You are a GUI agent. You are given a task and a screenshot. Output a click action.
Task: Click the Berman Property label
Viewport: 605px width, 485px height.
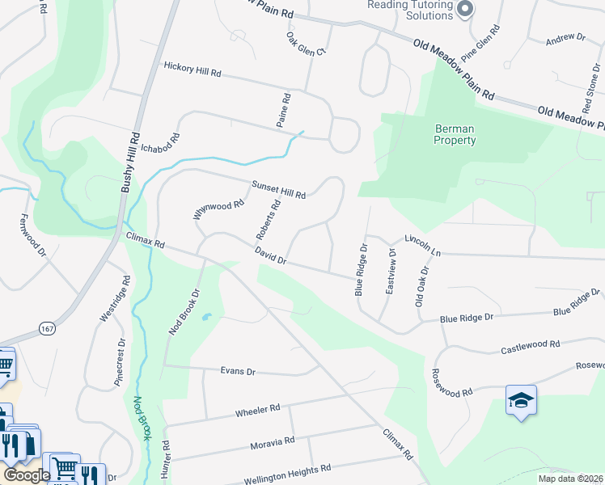pyautogui.click(x=455, y=134)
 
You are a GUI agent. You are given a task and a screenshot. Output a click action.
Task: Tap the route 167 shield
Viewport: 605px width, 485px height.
pyautogui.click(x=48, y=327)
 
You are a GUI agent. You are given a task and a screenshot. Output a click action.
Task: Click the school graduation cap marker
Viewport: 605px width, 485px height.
pyautogui.click(x=521, y=399)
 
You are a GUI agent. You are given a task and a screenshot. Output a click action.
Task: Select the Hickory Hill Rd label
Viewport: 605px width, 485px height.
pyautogui.click(x=192, y=70)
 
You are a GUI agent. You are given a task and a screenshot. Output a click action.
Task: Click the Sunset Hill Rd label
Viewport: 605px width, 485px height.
pyautogui.click(x=277, y=190)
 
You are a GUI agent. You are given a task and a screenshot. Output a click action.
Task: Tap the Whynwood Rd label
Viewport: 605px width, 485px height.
pyautogui.click(x=218, y=210)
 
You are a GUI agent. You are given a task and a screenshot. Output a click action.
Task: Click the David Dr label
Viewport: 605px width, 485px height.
pyautogui.click(x=271, y=256)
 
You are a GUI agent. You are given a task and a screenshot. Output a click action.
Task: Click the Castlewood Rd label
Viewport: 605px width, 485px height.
pyautogui.click(x=530, y=348)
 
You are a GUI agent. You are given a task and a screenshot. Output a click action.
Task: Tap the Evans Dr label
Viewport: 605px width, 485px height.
pyautogui.click(x=238, y=371)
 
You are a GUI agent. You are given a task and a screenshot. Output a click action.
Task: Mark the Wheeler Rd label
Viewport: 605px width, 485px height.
pyautogui.click(x=257, y=411)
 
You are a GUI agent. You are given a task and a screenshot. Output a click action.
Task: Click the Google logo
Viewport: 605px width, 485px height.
pyautogui.click(x=27, y=474)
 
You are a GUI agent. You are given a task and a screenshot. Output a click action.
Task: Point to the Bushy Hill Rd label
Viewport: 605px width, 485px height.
pyautogui.click(x=131, y=162)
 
